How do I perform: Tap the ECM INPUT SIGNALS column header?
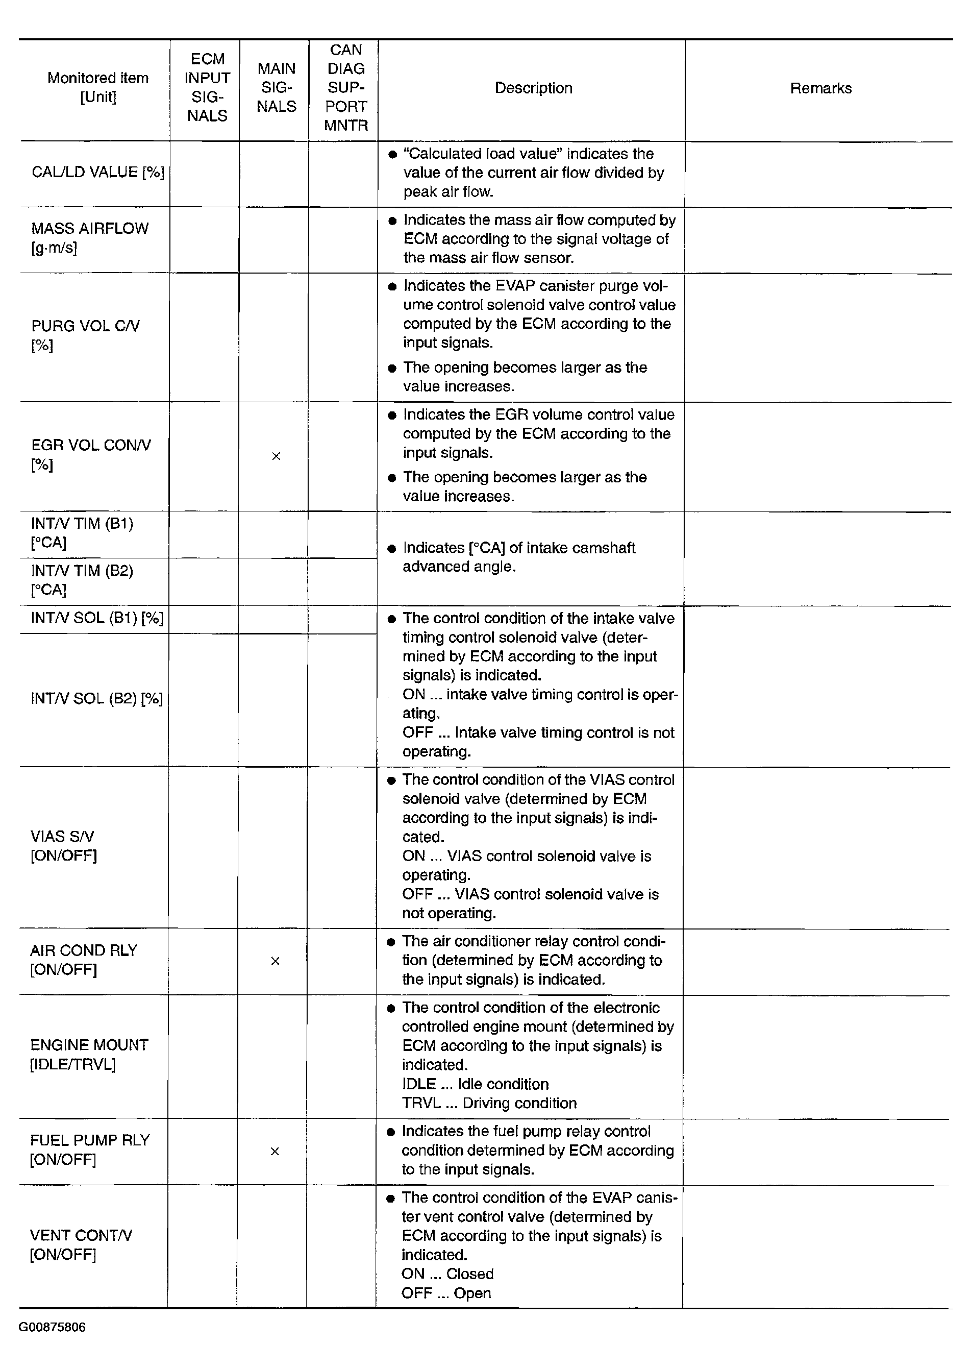[207, 87]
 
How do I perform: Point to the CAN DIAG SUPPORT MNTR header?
[346, 87]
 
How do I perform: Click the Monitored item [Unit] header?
[98, 87]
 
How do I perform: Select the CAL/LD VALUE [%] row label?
[98, 173]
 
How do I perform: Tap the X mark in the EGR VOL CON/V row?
[276, 456]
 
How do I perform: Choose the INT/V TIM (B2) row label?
[82, 580]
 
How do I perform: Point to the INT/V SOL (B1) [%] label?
[97, 618]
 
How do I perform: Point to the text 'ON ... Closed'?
[447, 1274]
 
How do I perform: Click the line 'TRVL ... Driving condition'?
[489, 1103]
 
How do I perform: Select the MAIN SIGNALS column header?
[277, 87]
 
